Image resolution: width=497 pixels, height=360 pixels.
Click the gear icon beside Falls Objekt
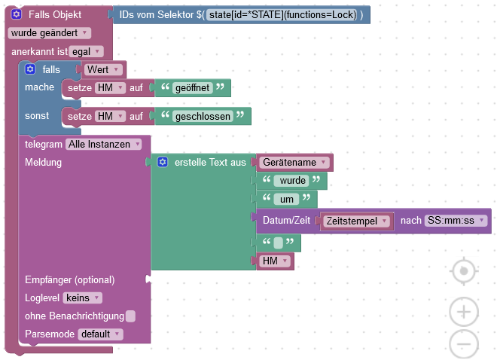coord(16,14)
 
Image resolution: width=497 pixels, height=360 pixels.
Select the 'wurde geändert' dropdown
coord(50,33)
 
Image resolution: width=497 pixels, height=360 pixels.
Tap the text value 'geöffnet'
coord(192,88)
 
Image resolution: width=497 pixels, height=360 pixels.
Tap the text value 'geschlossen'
coord(202,117)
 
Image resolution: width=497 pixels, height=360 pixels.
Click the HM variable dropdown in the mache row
coord(109,88)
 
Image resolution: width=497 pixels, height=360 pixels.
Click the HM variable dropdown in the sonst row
coord(109,117)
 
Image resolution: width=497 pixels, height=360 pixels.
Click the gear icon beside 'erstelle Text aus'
coord(163,162)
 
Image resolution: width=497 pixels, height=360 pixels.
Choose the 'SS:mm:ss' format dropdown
coord(456,221)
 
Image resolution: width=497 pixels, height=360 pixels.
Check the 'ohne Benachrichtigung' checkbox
coord(131,316)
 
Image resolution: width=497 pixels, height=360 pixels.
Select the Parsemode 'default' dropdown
coord(100,334)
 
